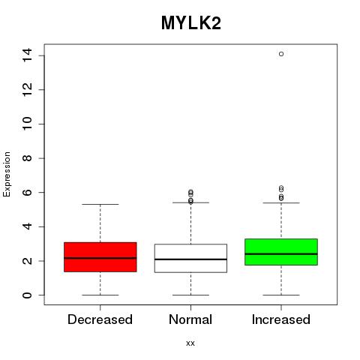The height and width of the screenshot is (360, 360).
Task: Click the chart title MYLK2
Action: click(191, 23)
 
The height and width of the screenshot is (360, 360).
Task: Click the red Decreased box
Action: click(100, 257)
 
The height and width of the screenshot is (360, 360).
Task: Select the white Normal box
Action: click(190, 258)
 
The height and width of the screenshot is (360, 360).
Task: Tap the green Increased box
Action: click(281, 252)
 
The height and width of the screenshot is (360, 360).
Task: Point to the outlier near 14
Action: click(281, 54)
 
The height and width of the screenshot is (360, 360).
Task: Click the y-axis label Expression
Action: click(7, 174)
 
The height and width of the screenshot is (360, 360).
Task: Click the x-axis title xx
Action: click(190, 343)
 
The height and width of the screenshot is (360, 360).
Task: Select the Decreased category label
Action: click(100, 319)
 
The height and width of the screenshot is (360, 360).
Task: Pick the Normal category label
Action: click(190, 319)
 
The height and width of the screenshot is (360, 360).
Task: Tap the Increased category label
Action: click(281, 319)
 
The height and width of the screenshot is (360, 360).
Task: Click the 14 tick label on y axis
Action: click(27, 55)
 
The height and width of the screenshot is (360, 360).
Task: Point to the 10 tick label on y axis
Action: click(27, 124)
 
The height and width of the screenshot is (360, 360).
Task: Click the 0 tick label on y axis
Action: click(27, 295)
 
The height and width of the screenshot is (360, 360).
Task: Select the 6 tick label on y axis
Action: click(27, 193)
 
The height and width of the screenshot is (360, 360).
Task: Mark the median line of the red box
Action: click(100, 258)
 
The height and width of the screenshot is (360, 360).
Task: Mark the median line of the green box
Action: click(281, 253)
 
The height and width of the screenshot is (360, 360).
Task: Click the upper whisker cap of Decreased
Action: click(100, 204)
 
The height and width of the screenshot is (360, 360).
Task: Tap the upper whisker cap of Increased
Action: click(281, 202)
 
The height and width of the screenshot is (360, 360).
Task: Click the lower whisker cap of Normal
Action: click(190, 295)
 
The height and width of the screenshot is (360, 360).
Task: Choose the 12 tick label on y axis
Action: click(27, 90)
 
